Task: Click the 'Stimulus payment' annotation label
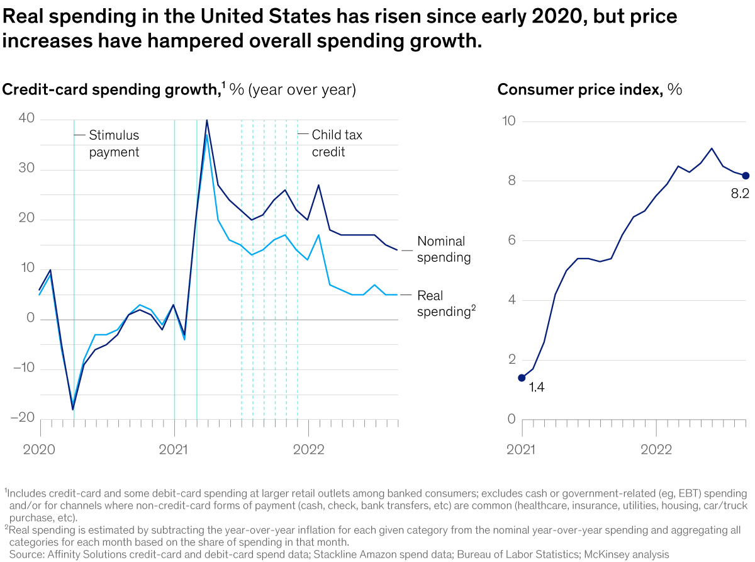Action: (x=114, y=143)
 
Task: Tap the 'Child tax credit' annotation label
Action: (x=337, y=143)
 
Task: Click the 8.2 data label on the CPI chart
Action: (x=740, y=193)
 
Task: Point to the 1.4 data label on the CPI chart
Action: (x=536, y=388)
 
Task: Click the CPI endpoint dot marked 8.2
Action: (x=746, y=176)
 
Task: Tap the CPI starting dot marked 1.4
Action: (x=522, y=378)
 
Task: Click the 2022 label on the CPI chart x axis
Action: (x=656, y=449)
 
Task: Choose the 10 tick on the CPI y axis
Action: (x=509, y=121)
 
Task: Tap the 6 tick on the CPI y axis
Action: (x=511, y=240)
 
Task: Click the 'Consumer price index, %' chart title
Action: (x=590, y=89)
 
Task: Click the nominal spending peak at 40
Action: (x=207, y=120)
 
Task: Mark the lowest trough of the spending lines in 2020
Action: (x=73, y=410)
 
